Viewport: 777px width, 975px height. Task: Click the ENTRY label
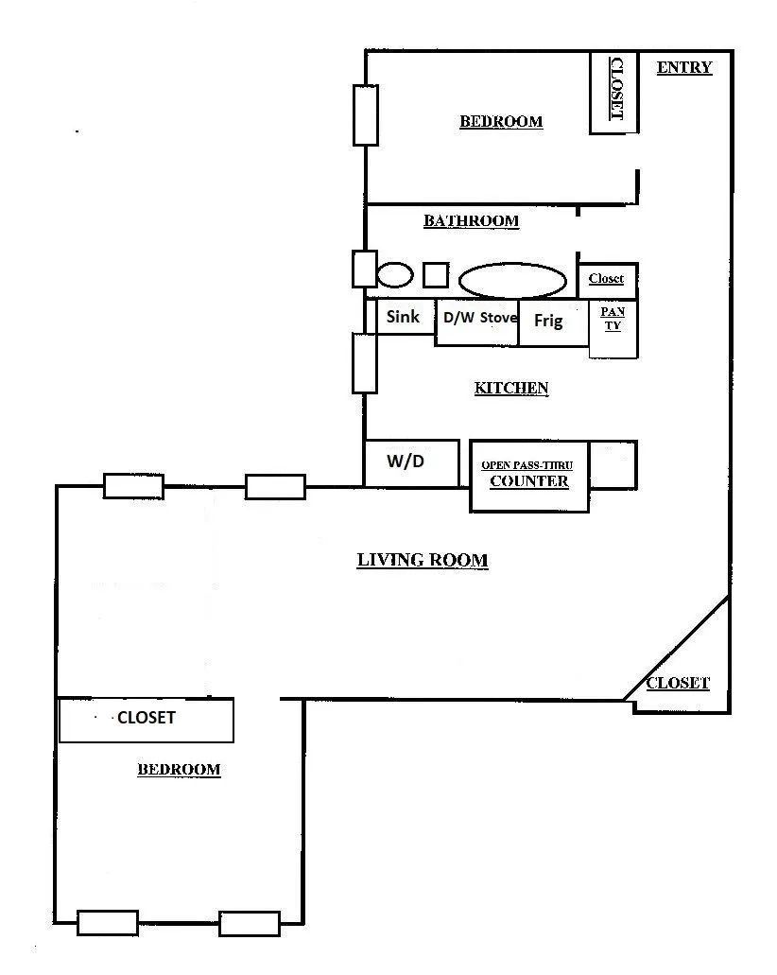pyautogui.click(x=683, y=67)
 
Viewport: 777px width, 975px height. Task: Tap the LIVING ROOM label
pyautogui.click(x=422, y=560)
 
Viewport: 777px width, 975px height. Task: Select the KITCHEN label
pyautogui.click(x=510, y=388)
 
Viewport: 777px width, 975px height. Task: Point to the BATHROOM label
pyautogui.click(x=471, y=221)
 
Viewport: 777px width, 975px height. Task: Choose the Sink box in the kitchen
pyautogui.click(x=405, y=317)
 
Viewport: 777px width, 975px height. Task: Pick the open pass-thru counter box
pyautogui.click(x=528, y=477)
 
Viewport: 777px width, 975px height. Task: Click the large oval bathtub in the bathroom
pyautogui.click(x=512, y=280)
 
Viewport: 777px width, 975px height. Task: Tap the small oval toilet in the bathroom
pyautogui.click(x=395, y=275)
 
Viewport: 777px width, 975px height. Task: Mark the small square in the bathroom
pyautogui.click(x=435, y=275)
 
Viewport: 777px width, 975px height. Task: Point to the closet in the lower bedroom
pyautogui.click(x=146, y=720)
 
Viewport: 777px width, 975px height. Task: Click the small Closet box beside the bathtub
pyautogui.click(x=607, y=280)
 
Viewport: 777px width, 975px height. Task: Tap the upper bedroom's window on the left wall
pyautogui.click(x=366, y=115)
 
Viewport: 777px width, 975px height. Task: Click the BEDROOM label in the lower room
pyautogui.click(x=179, y=770)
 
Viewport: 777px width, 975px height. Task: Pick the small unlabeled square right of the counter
pyautogui.click(x=613, y=465)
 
